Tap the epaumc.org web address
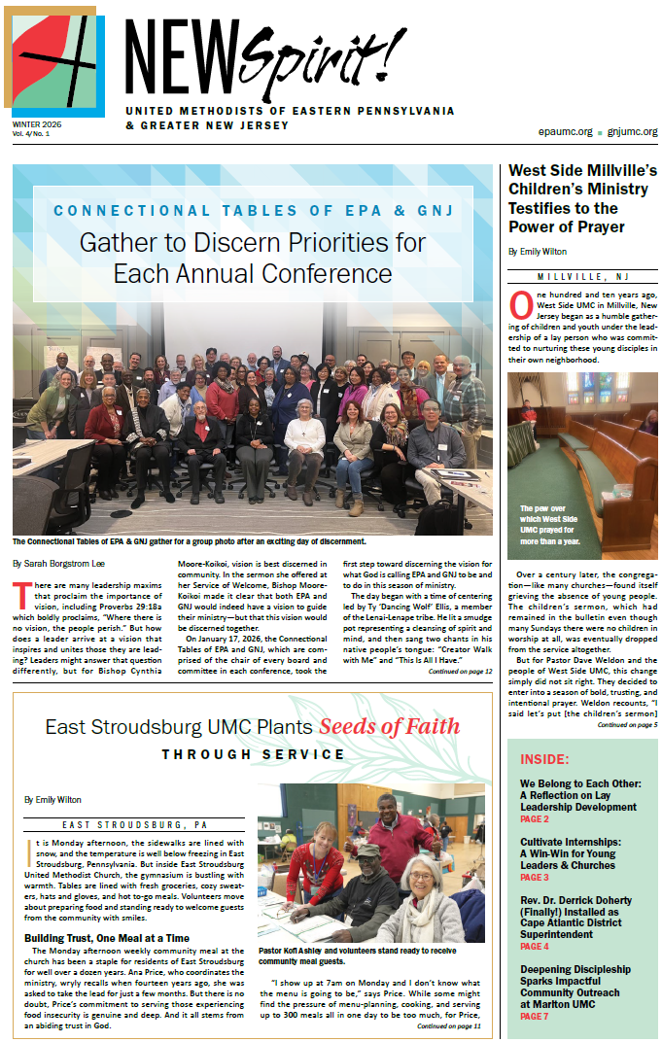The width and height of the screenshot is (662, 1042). click(x=565, y=131)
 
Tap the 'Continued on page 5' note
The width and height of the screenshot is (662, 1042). click(x=628, y=724)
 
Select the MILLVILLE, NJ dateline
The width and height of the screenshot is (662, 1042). click(x=582, y=278)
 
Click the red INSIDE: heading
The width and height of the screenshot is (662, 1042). click(x=545, y=759)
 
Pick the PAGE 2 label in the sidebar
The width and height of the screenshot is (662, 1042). click(x=535, y=819)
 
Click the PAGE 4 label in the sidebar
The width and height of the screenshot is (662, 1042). click(x=535, y=946)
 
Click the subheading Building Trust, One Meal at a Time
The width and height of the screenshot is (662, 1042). click(x=107, y=937)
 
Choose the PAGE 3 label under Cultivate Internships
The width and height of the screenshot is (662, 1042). click(x=535, y=877)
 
